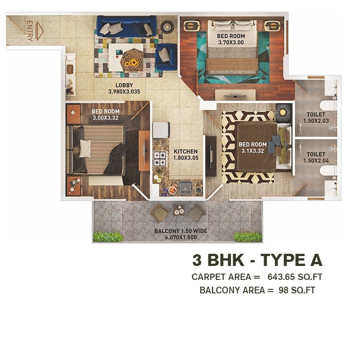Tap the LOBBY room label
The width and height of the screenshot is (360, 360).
124,85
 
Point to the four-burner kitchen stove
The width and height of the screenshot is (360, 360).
161,158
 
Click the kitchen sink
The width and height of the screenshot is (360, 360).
184,186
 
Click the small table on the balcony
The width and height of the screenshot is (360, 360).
179,210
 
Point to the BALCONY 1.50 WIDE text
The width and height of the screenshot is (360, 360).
181,231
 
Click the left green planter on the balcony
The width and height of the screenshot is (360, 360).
108,237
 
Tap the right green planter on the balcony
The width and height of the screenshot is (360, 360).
247,237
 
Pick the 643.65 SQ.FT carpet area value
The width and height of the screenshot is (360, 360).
295,276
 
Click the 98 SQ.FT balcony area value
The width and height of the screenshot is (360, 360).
297,290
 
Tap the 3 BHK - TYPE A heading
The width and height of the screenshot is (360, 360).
257,260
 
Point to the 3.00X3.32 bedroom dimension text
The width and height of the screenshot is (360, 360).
106,118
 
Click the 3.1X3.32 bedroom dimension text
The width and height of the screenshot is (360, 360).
252,151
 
